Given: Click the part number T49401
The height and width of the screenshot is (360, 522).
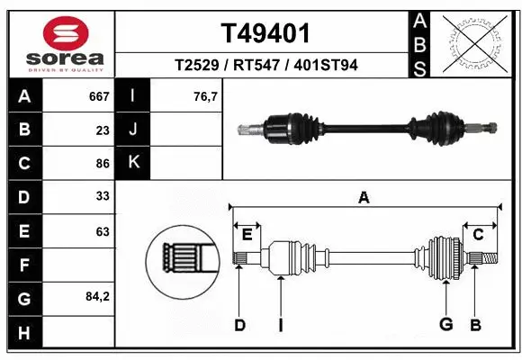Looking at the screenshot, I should [x=266, y=34].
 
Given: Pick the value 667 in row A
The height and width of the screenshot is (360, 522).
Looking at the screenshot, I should [x=99, y=96].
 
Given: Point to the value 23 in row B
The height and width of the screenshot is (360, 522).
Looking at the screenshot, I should [x=103, y=130].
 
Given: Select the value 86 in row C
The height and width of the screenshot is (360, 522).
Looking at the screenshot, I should [x=103, y=164].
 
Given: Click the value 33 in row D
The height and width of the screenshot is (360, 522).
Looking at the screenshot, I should [x=103, y=197].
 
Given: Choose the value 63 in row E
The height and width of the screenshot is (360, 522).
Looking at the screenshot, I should [x=103, y=231].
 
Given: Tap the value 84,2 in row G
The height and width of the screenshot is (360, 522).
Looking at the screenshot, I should [x=96, y=296].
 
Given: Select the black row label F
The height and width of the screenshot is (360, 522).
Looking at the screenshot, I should [x=23, y=265].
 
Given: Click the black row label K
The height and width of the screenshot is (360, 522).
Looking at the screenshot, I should [x=134, y=163].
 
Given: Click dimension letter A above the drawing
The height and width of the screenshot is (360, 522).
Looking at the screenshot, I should [x=364, y=198].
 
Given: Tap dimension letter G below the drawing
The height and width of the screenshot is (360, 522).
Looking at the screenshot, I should [x=445, y=325].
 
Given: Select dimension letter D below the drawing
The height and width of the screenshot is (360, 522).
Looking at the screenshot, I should [x=239, y=325].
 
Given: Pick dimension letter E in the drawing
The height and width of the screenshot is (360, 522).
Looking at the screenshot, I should [x=247, y=235].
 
